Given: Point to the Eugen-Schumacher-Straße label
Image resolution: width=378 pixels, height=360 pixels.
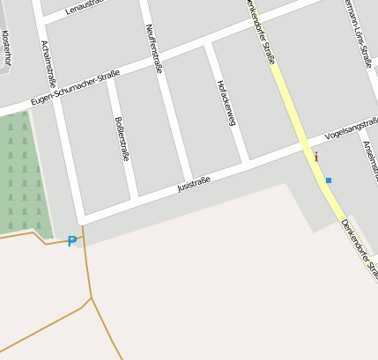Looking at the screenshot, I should (x=74, y=89).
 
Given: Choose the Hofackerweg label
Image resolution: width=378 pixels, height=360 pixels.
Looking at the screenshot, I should (x=226, y=103).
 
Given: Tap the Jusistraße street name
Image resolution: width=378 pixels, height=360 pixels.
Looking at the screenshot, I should (x=194, y=184).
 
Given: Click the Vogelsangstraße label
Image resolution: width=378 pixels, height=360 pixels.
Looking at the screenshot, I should (x=351, y=130).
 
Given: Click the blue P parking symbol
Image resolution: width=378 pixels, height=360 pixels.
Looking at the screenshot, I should (x=72, y=241).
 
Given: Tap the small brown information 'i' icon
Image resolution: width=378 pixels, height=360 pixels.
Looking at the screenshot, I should (x=316, y=157).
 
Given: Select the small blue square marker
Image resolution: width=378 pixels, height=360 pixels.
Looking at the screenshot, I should (x=329, y=180).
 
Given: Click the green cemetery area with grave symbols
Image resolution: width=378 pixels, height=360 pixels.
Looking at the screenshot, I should (x=21, y=176).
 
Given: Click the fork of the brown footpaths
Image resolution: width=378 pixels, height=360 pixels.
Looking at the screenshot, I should (x=90, y=298).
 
